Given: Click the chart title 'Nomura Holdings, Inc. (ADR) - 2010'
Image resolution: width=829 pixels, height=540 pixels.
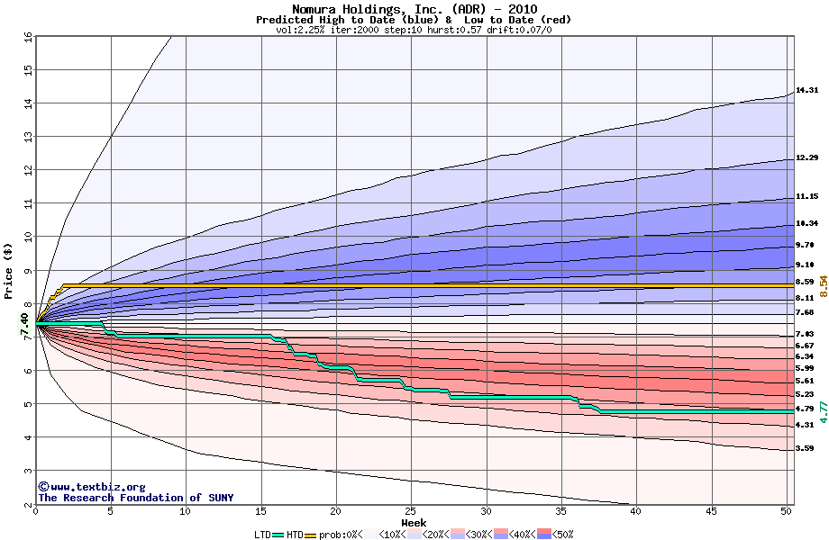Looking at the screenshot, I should [x=414, y=9].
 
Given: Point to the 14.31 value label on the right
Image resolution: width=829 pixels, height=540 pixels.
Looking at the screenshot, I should [x=806, y=90].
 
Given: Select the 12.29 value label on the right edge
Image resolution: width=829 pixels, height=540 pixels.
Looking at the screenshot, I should [x=806, y=158].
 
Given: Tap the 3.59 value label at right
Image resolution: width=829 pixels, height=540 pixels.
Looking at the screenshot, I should [x=805, y=448].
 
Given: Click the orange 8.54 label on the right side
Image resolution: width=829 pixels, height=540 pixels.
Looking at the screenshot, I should [x=823, y=286].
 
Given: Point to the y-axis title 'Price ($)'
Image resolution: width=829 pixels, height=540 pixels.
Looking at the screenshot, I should [x=8, y=270].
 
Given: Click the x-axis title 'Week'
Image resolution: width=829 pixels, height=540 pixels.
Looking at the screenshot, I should [x=414, y=523].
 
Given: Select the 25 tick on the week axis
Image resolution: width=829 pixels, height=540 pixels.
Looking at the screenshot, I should [x=411, y=512].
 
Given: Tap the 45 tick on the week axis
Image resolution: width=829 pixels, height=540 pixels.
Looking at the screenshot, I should [x=711, y=512].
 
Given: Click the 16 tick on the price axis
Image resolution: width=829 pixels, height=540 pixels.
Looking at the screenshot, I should [x=27, y=37].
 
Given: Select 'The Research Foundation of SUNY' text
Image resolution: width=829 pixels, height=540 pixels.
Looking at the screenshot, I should [x=135, y=498].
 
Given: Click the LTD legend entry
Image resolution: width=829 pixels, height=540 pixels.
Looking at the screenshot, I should [x=263, y=534].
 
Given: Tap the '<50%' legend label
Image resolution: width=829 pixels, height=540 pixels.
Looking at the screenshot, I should [x=561, y=534].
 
